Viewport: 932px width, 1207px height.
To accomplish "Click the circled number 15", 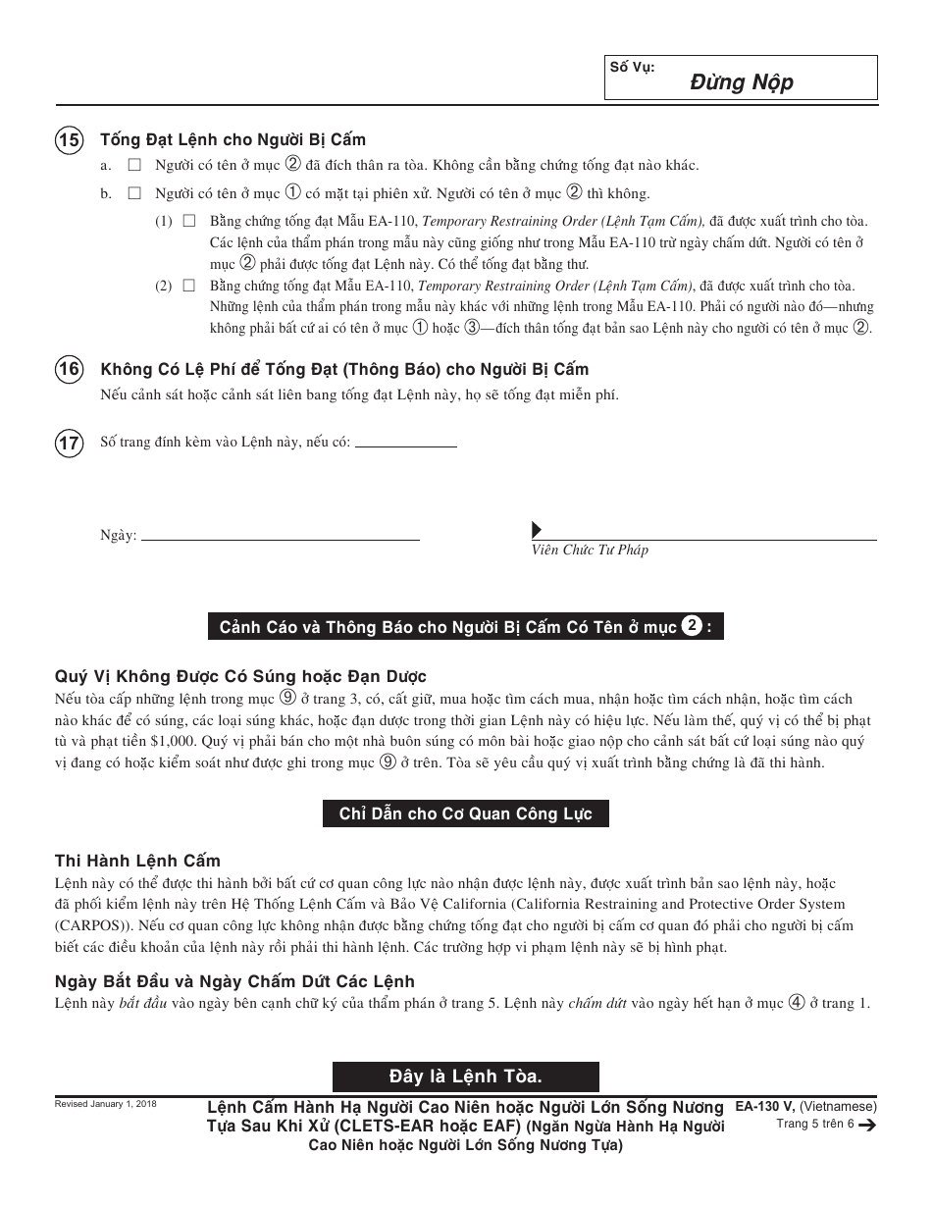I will [69, 139].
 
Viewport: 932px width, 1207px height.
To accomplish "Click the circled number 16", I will [69, 369].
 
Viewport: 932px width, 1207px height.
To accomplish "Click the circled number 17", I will [69, 443].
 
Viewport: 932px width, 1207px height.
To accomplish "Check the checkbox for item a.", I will [134, 166].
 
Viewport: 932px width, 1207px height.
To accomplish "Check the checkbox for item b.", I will [134, 193].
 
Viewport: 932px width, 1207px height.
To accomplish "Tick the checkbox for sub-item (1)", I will [188, 221].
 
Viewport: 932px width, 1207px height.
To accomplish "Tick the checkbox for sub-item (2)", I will [188, 286].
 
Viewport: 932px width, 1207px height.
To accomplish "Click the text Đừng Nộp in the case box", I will [741, 82].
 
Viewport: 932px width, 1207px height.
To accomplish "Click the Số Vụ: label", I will [632, 68].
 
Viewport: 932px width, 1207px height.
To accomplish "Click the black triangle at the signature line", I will [537, 530].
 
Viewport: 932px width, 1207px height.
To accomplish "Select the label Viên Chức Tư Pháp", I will [590, 551].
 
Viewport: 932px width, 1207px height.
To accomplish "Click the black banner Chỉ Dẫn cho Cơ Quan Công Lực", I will [465, 813].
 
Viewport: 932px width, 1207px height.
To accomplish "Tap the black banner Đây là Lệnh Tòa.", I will [465, 1076].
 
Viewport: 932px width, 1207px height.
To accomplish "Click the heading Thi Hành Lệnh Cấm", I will [137, 861].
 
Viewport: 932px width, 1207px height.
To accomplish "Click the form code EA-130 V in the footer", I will [764, 1106].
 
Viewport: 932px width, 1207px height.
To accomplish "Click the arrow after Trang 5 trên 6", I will [867, 1126].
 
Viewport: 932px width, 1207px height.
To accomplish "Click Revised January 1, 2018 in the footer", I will [104, 1104].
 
